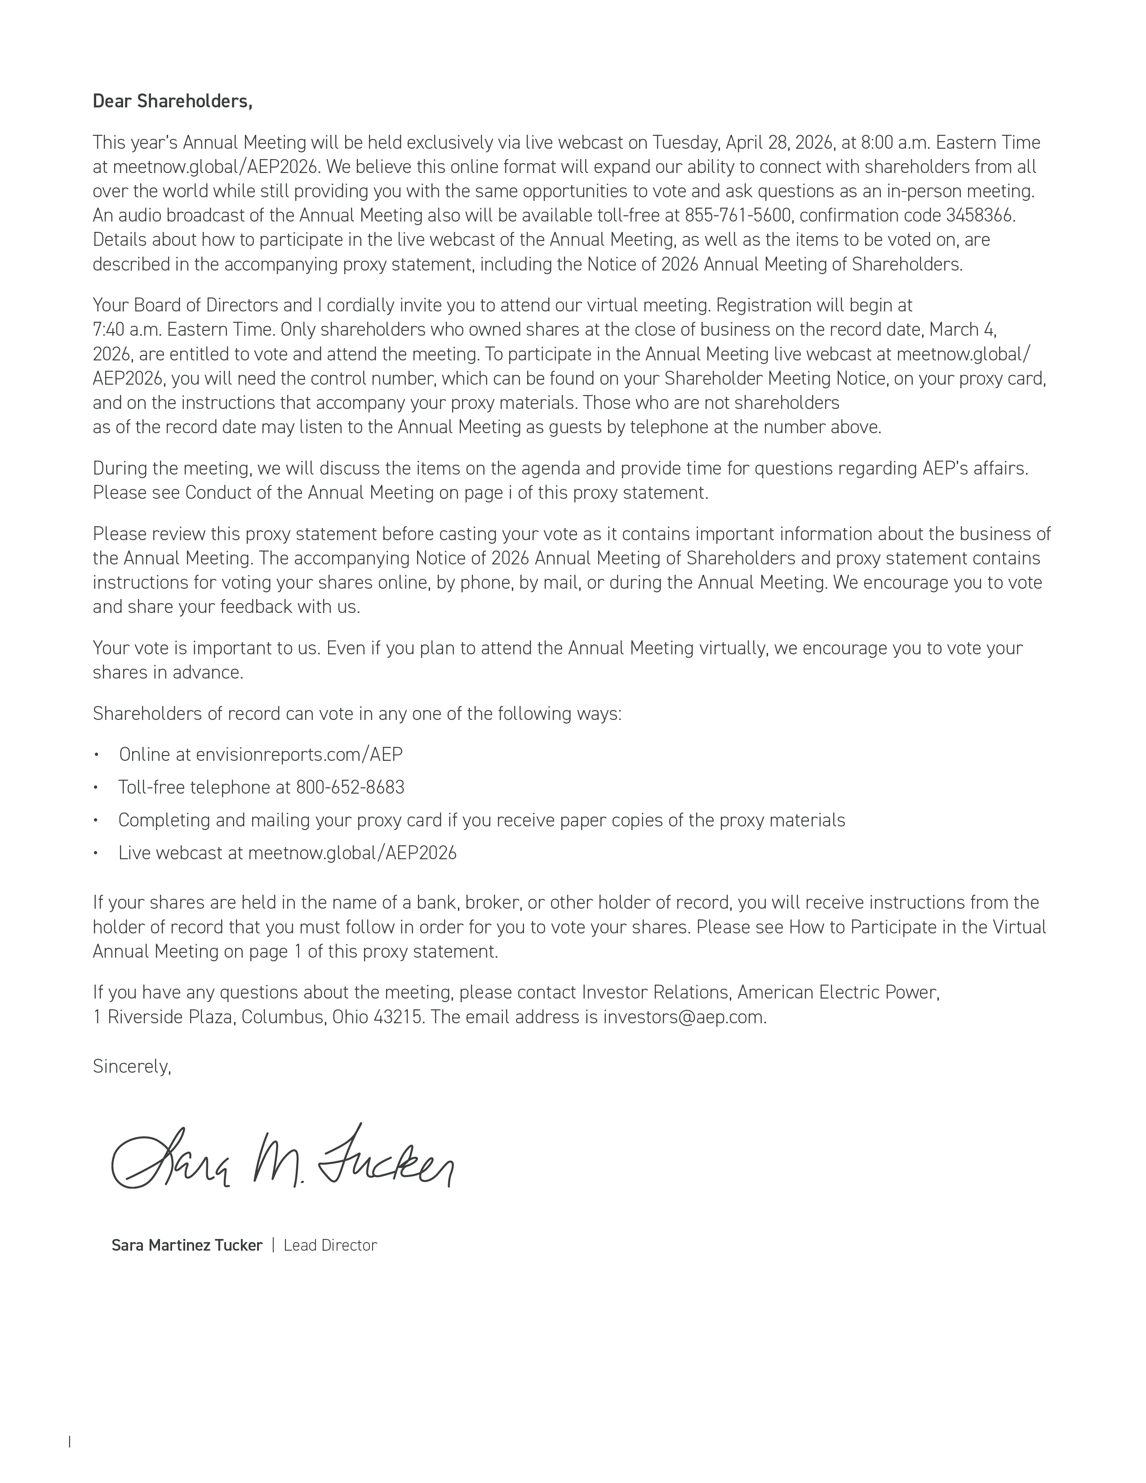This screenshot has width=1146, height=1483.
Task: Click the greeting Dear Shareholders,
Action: click(173, 101)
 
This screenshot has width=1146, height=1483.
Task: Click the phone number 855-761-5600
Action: click(737, 215)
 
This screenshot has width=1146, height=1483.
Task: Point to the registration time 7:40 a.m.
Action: click(127, 329)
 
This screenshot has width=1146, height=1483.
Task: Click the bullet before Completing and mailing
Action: click(97, 820)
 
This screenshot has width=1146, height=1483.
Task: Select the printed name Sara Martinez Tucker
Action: click(187, 1245)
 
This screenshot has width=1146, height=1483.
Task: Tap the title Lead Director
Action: click(330, 1245)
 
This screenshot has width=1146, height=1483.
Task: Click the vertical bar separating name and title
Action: click(273, 1245)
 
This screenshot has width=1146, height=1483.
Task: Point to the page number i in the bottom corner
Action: click(70, 1455)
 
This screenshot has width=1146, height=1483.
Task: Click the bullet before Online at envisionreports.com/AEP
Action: click(97, 755)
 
